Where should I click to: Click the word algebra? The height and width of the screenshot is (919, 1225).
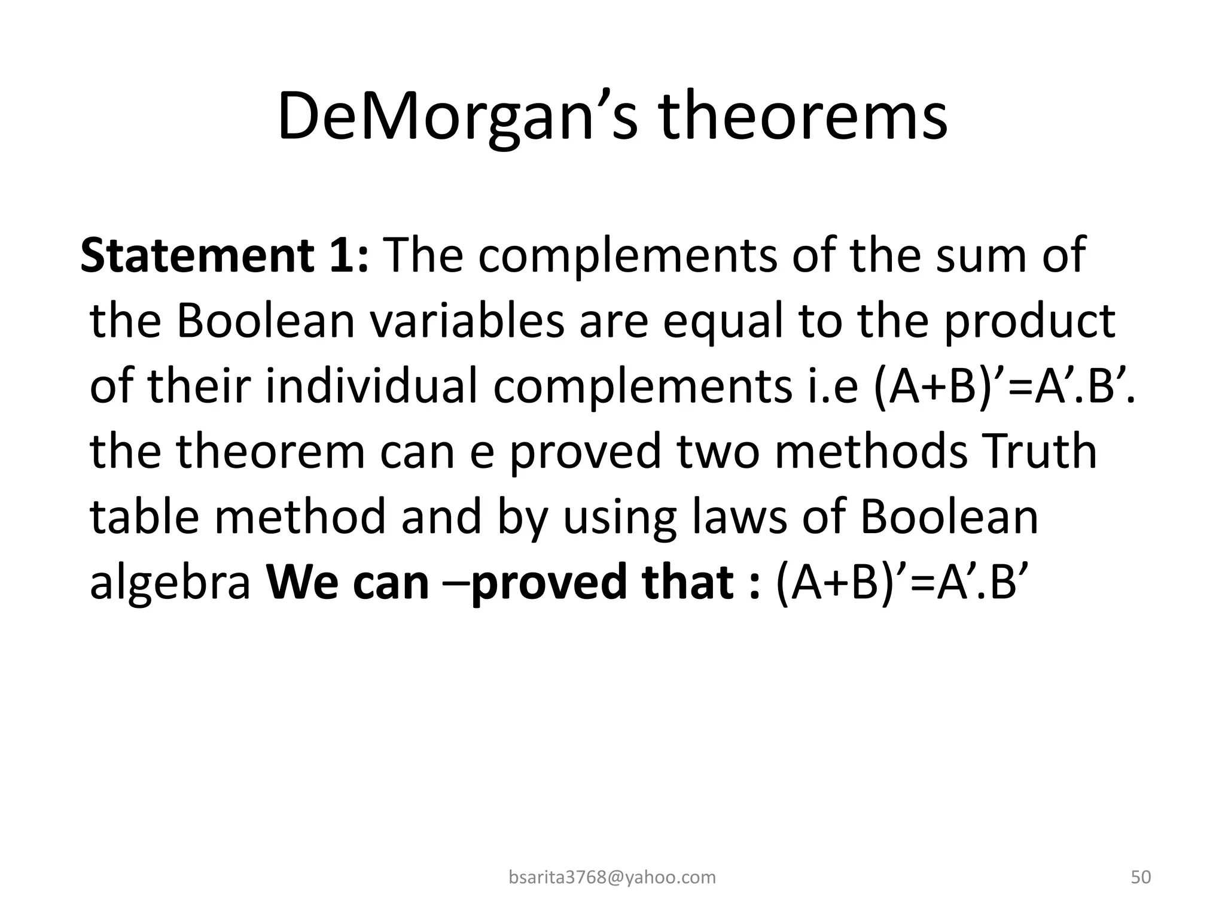point(170,583)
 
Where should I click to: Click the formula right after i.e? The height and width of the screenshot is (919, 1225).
point(1004,387)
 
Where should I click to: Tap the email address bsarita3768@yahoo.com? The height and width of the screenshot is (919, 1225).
point(612,877)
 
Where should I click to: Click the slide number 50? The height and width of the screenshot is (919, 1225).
point(1141,877)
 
